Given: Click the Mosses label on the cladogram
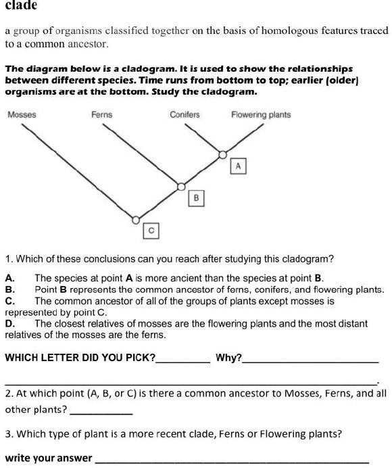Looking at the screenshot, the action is click(22, 115).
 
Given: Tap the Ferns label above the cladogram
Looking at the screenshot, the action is click(101, 115).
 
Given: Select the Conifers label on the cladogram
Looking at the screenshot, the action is click(185, 115).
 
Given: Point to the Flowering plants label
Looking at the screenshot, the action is click(261, 115).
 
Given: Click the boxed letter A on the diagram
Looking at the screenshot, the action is click(239, 166).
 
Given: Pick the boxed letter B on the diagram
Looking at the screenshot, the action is click(196, 198).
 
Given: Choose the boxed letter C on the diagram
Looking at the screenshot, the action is click(152, 231).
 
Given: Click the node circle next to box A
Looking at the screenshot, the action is click(224, 155).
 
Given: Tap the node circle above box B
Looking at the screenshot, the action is click(180, 186).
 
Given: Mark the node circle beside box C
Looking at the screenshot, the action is click(136, 220).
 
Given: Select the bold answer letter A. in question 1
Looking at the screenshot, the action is click(9, 278).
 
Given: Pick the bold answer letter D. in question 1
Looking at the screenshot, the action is click(9, 324).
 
